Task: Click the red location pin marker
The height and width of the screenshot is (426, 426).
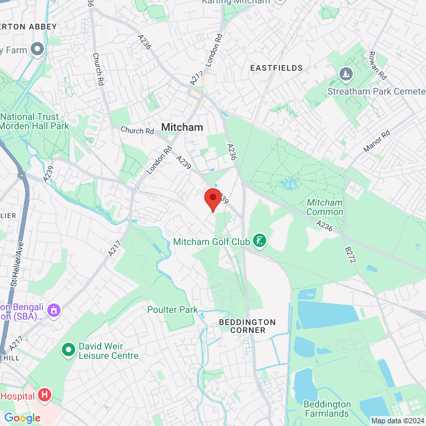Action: [212, 198]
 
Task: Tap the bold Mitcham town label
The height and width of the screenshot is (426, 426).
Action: [182, 126]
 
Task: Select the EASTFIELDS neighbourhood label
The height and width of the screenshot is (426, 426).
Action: [276, 68]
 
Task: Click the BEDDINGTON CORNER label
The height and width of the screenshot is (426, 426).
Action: [247, 326]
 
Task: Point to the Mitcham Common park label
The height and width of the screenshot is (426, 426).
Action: [325, 207]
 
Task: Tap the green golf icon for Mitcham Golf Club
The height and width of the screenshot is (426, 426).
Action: [260, 242]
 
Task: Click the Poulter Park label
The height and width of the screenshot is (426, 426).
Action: [172, 310]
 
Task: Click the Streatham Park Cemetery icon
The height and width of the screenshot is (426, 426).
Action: [345, 73]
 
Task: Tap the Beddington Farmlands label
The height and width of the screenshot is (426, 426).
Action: [327, 409]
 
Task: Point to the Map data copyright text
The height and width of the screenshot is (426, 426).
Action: [397, 421]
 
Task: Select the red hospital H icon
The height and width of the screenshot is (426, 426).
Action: [45, 395]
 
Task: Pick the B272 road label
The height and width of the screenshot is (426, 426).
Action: [350, 255]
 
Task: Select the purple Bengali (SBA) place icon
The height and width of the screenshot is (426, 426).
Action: [54, 311]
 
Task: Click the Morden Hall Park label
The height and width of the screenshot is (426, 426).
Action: [35, 121]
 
